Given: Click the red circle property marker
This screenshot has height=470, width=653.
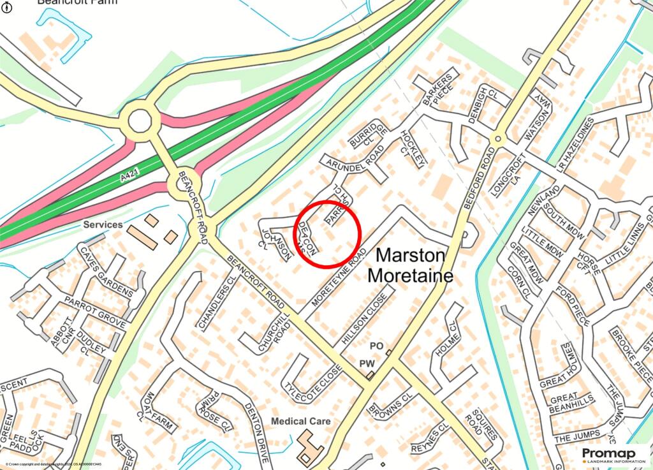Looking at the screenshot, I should click(328, 233).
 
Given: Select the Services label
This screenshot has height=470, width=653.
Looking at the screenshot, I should click(103, 224).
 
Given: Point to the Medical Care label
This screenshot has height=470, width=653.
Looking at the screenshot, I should click(301, 421).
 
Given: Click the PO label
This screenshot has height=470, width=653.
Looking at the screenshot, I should click(376, 345).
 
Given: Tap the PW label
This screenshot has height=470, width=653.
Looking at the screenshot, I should click(366, 364).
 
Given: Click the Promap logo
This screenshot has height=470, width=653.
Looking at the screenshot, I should click(612, 453).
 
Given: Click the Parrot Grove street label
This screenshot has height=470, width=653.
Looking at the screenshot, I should click(94, 311).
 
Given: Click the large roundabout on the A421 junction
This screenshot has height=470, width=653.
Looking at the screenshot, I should click(140, 120).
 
